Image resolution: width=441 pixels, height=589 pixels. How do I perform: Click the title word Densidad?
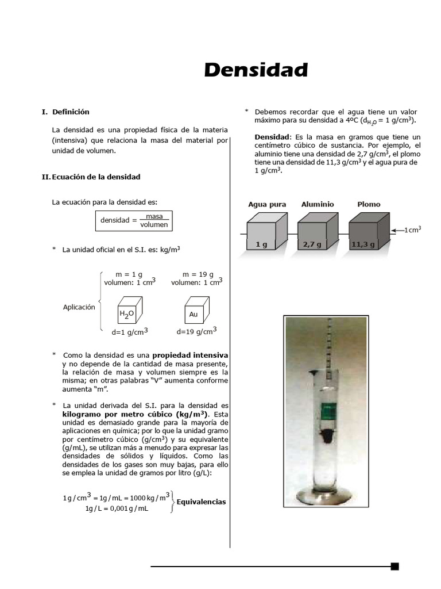tap(256, 70)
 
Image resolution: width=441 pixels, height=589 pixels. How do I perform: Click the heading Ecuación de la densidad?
tap(96, 177)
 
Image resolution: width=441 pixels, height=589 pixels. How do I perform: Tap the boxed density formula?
tap(134, 220)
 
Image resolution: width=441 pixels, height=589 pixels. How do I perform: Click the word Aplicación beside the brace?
tap(79, 307)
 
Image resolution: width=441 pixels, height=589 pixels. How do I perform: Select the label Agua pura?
tap(267, 204)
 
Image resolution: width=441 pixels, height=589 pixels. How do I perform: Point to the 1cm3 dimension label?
tap(412, 230)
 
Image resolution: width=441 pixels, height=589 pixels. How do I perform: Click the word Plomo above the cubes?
tap(369, 204)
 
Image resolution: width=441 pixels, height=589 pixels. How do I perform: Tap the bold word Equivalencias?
tap(201, 502)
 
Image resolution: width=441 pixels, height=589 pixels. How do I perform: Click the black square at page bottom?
tap(394, 566)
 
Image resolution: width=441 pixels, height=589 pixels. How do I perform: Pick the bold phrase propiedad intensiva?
tap(190, 355)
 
